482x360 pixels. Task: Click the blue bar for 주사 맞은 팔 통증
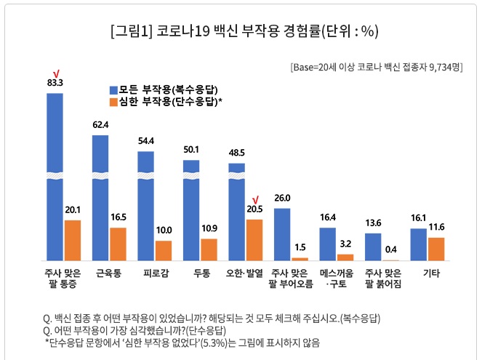[x=55, y=175]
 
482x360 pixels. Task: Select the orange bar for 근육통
[x=118, y=244]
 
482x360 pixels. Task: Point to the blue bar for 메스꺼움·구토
[x=328, y=244]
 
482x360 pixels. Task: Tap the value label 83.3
[x=55, y=83]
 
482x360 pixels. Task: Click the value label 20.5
[x=254, y=209]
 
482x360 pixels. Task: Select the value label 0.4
[x=390, y=250]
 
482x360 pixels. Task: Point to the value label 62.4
[x=100, y=125]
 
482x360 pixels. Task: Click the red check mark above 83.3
[x=55, y=73]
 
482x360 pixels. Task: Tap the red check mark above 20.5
[x=255, y=199]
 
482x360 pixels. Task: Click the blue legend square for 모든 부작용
[x=113, y=89]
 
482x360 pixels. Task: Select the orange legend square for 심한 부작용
[x=113, y=103]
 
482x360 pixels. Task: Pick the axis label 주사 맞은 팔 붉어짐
[x=382, y=279]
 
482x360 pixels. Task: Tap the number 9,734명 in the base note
[x=444, y=66]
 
